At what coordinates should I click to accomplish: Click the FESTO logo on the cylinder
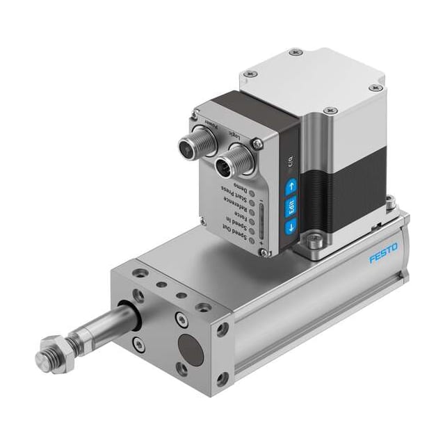pos(384,253)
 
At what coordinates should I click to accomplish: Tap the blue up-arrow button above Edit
pos(291,186)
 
